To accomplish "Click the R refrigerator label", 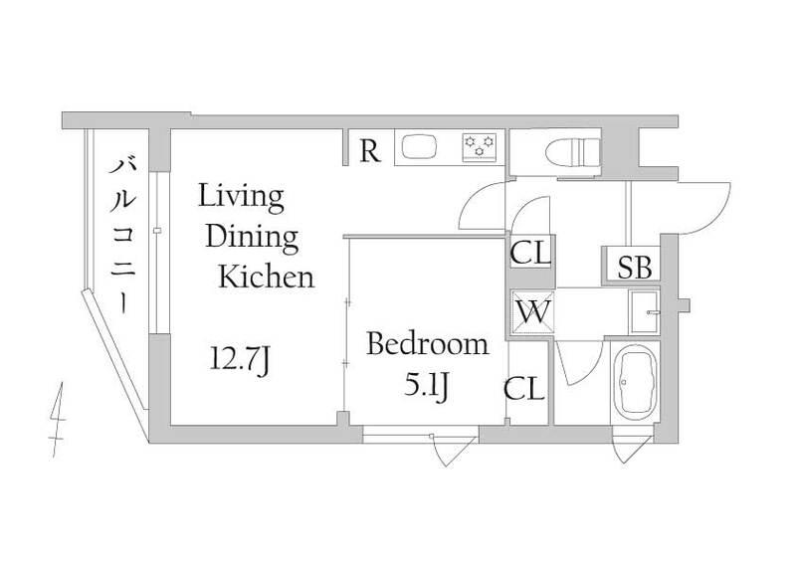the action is (369, 150).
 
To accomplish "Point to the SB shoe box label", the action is (635, 267).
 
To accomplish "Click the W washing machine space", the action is (533, 313).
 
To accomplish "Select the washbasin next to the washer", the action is (644, 311).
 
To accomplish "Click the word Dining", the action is (252, 238).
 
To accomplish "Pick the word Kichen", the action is (267, 277).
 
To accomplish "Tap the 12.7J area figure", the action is (240, 361).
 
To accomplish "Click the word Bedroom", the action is (428, 344).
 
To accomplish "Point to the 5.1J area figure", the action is (427, 387).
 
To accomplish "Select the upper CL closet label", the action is (530, 253).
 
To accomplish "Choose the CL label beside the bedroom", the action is (524, 389).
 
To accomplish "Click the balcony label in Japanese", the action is (122, 236).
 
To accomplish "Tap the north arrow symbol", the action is (58, 420).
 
